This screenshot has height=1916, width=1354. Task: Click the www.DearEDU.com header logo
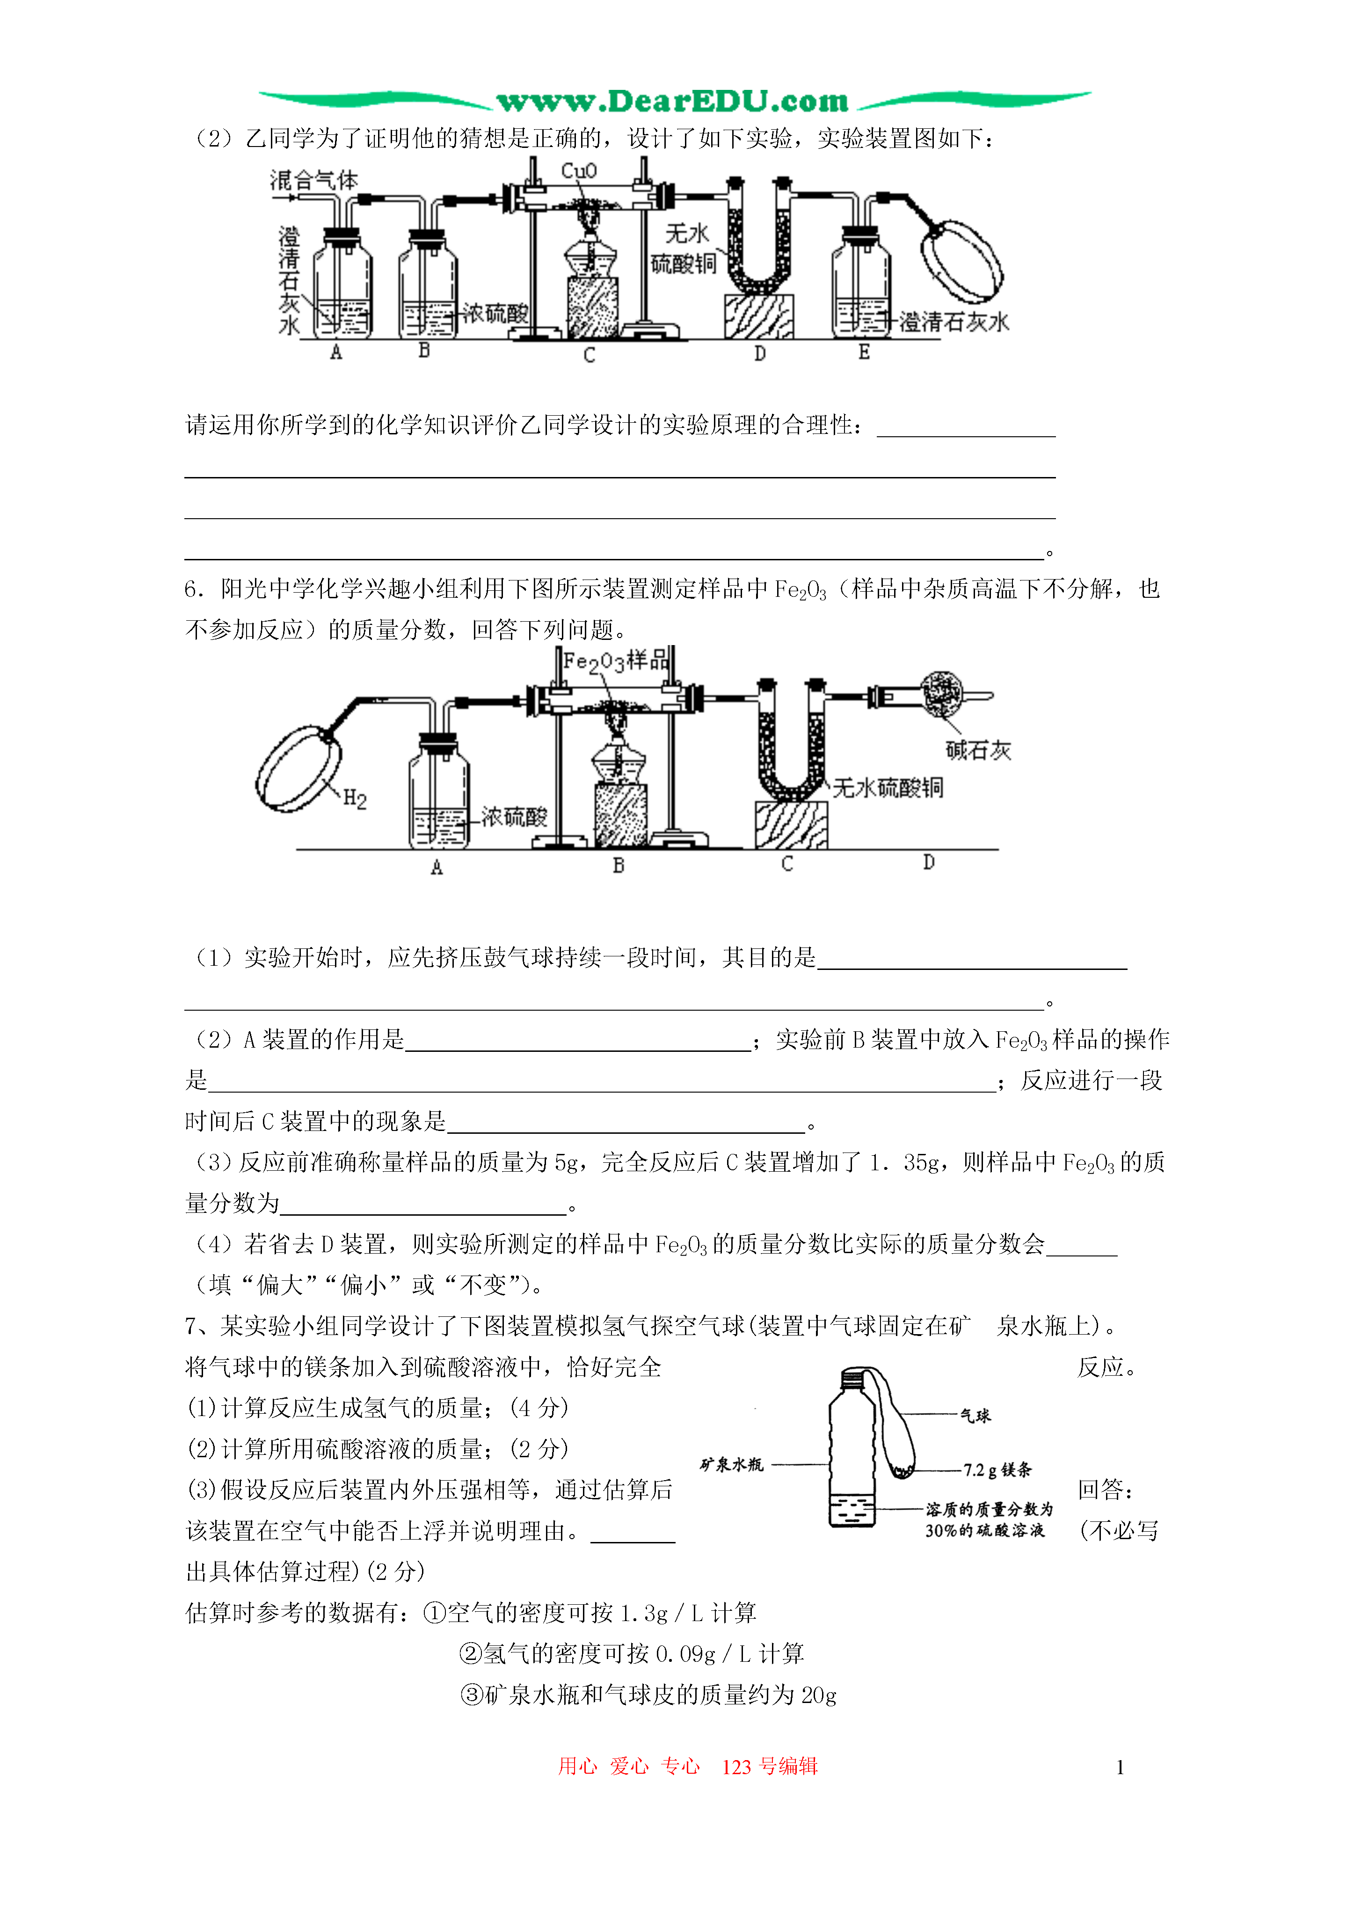pyautogui.click(x=672, y=101)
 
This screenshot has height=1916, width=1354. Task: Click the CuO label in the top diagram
pyautogui.click(x=579, y=171)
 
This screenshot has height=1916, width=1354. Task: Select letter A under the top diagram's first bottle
pyautogui.click(x=336, y=352)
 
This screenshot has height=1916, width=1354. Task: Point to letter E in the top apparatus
pyautogui.click(x=864, y=352)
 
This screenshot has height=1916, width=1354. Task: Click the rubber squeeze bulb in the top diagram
pyautogui.click(x=961, y=260)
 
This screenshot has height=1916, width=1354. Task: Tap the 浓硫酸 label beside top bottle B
pyautogui.click(x=495, y=314)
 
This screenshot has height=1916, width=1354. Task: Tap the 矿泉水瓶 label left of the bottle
pyautogui.click(x=732, y=1465)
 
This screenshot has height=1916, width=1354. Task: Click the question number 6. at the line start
pyautogui.click(x=194, y=589)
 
